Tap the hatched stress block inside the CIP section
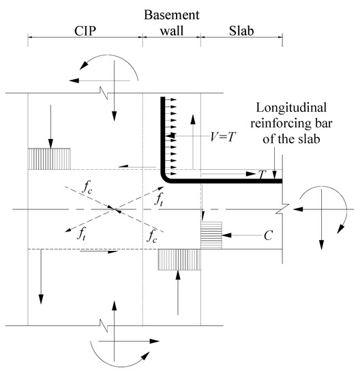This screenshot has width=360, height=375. (49, 158)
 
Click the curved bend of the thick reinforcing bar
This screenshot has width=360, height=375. (166, 178)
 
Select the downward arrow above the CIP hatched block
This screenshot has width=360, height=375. (49, 123)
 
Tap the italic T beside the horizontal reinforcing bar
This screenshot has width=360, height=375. (261, 175)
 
